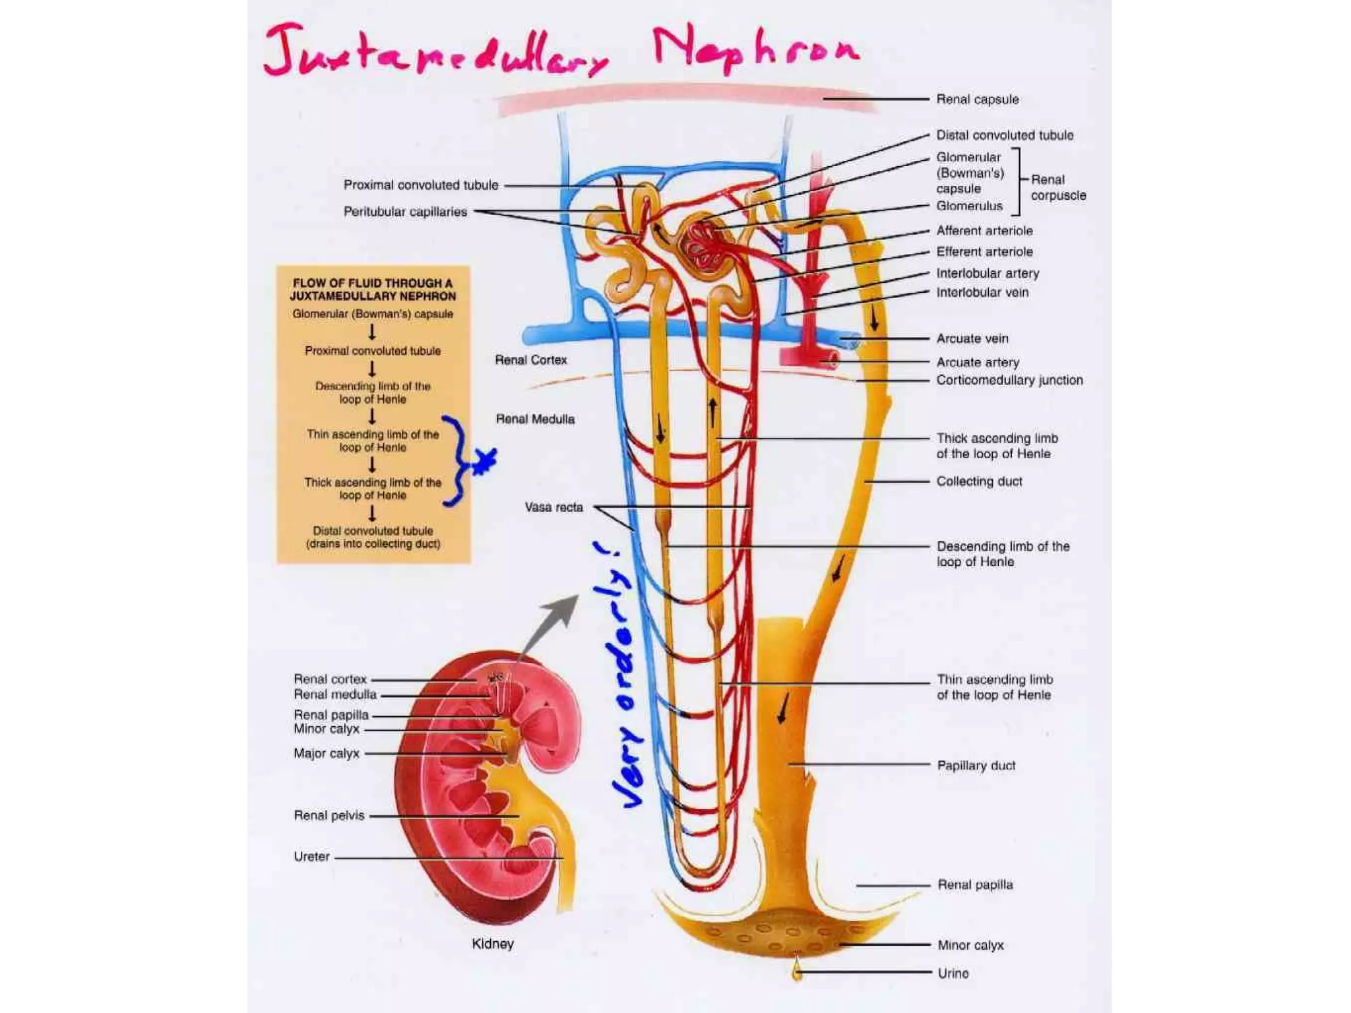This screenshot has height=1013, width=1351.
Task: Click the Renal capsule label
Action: coord(977,100)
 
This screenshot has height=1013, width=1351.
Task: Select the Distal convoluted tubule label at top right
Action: coord(1004,135)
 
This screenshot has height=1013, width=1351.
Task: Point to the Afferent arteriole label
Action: coord(984,231)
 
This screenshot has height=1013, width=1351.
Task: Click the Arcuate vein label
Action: coord(972,339)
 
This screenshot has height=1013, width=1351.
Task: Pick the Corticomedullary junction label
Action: coord(1009,381)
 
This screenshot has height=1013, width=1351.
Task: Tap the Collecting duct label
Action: coord(979,481)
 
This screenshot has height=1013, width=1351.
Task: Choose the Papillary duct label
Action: coord(976,766)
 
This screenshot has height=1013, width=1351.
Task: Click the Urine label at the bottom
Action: coord(953,973)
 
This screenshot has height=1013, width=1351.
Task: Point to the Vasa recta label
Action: coord(553,507)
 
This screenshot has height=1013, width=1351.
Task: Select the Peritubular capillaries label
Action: coord(405,212)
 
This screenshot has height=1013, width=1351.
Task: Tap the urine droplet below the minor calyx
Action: coord(798,970)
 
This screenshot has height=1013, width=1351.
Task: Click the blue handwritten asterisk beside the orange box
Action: coord(484,461)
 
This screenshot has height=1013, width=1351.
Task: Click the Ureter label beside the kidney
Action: coord(311,857)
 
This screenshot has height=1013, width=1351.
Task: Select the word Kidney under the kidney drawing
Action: coord(492,944)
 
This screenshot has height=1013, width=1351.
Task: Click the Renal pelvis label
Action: coord(329,816)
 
